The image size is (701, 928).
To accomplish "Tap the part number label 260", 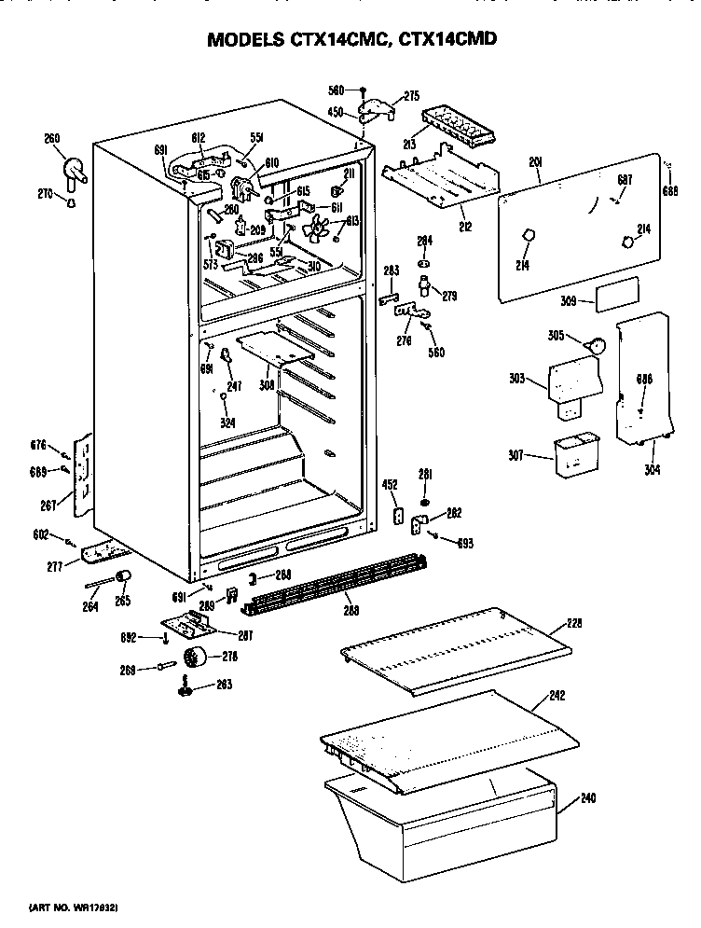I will [x=52, y=139].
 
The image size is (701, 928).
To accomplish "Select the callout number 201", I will [x=535, y=161].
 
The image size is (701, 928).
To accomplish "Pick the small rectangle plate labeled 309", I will [x=618, y=293].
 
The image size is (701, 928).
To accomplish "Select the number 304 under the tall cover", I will [x=652, y=470].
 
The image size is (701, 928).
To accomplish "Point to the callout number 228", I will [x=574, y=622].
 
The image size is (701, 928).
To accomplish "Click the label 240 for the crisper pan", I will [x=587, y=798].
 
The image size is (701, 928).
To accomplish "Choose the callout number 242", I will [x=557, y=694].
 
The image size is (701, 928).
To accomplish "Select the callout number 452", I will [x=392, y=484].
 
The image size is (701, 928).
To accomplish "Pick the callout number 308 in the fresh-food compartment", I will [x=268, y=383].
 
